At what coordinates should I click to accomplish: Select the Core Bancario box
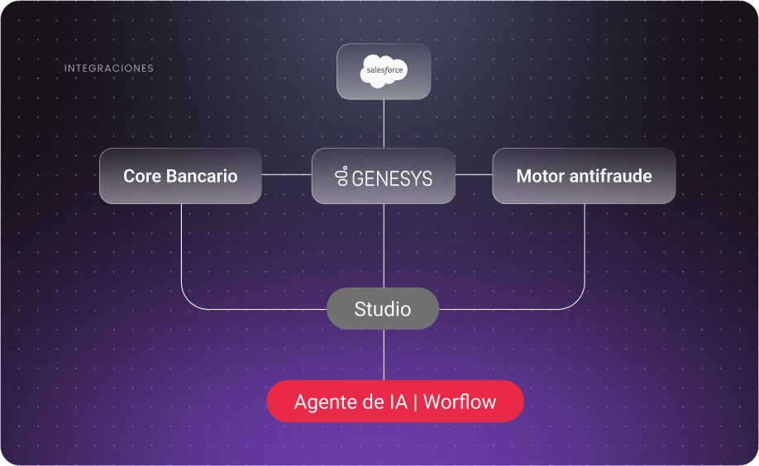[180, 176]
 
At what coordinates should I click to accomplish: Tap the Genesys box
[384, 176]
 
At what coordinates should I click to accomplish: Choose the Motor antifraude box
[584, 176]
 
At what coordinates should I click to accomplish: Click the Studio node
[383, 309]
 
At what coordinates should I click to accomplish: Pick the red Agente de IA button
[394, 402]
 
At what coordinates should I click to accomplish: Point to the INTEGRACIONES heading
[109, 69]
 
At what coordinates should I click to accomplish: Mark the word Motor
[538, 176]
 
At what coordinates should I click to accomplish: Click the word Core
[141, 176]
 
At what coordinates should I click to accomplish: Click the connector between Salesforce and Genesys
[384, 124]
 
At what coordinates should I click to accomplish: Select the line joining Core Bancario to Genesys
[286, 175]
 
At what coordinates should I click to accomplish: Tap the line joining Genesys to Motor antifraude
[474, 175]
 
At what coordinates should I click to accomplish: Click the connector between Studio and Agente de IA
[384, 355]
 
